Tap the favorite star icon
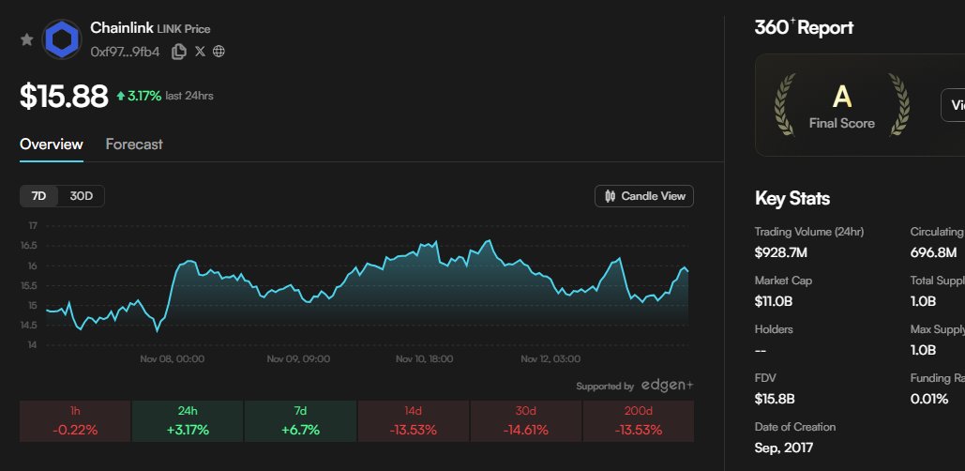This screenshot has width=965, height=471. pos(27,39)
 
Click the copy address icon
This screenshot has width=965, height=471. pos(178,52)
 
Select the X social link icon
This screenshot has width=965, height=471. pos(200,52)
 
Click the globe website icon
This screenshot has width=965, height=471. pos(219,52)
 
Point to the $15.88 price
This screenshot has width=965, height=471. pos(64,97)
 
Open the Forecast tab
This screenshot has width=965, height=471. pos(134,144)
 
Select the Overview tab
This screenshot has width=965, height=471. pos(52,144)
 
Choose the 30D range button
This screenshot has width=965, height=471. pos(82,196)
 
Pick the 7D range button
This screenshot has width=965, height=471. pos(39,196)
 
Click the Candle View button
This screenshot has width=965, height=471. pos(644,196)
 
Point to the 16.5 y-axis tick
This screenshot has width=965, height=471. pos(32,246)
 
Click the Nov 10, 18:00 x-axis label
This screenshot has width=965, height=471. pos(424,359)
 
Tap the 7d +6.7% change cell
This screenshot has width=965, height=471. pos(300,421)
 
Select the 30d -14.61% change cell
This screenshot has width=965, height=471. pos(525,421)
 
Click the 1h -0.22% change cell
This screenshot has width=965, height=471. pos(75,421)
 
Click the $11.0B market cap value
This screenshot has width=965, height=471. pos(775,301)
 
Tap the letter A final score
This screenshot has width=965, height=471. pos(841,96)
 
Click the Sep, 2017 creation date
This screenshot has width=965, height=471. pos(784,448)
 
